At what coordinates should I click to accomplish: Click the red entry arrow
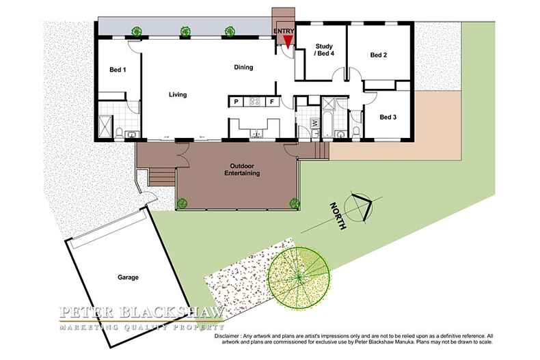point(288,40)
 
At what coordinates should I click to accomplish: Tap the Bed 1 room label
point(118,70)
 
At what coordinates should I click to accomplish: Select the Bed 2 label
point(379,55)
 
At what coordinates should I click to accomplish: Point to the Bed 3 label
point(388,117)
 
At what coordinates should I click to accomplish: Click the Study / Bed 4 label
point(324,50)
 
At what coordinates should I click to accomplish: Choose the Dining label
point(243,67)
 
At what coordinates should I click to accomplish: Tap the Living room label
point(178,94)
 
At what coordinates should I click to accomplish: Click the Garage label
point(128,277)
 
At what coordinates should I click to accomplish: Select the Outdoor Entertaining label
point(242,169)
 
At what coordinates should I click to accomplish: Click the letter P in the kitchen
point(237,102)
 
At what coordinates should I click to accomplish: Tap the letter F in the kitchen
point(272,102)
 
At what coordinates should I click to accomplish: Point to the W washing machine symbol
point(314,122)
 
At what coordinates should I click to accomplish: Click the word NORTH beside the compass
point(338,216)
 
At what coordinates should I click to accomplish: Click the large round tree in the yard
point(299,277)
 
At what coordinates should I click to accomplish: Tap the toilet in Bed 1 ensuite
point(119,133)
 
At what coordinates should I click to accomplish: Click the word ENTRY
point(284,31)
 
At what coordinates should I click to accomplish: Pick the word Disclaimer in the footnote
point(227,336)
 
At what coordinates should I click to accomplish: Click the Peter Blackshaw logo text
point(141,313)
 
